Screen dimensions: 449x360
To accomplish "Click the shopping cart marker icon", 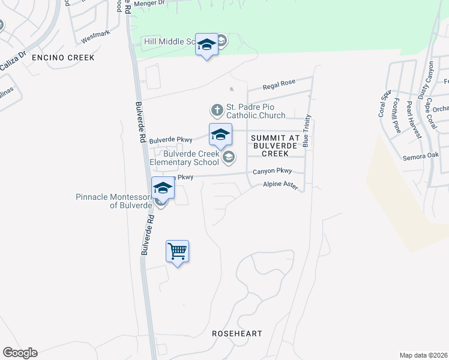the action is pos(177,251).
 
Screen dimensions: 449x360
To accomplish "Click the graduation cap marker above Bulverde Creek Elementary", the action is pos(220,134).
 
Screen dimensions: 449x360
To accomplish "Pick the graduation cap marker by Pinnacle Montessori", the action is pos(163,188).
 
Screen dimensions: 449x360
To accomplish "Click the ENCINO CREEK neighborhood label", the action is pos(64,58).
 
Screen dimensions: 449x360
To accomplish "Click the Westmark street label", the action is pos(96,37).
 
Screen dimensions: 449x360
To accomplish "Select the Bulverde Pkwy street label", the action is pos(170,140).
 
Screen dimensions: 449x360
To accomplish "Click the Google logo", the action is pos(20,352).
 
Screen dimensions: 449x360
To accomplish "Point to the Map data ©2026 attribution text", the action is pos(423,355).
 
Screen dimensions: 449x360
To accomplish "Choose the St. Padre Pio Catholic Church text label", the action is pos(255,111).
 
